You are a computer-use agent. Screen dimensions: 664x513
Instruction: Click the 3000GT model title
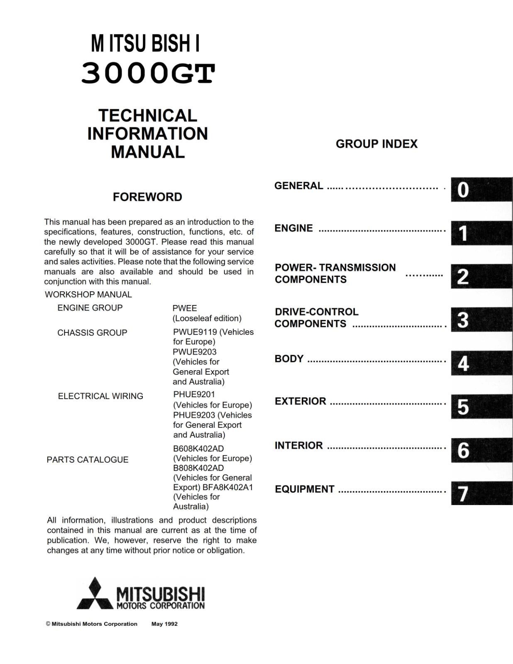pyautogui.click(x=148, y=74)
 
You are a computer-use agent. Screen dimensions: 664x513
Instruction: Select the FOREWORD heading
pyautogui.click(x=147, y=197)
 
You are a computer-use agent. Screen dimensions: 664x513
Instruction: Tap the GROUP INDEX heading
pyautogui.click(x=376, y=144)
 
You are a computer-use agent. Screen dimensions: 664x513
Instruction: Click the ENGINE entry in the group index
pyautogui.click(x=293, y=229)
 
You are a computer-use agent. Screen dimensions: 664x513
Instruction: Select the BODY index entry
pyautogui.click(x=289, y=359)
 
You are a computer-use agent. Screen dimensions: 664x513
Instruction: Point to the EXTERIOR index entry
pyautogui.click(x=300, y=401)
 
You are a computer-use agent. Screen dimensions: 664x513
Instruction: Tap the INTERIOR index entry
pyautogui.click(x=298, y=446)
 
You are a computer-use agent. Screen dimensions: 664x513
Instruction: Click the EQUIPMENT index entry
pyautogui.click(x=305, y=489)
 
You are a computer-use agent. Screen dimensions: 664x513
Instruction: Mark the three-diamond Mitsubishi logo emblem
pyautogui.click(x=95, y=594)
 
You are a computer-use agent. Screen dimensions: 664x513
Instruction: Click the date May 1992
pyautogui.click(x=164, y=624)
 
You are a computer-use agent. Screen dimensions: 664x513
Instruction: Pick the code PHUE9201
pyautogui.click(x=194, y=394)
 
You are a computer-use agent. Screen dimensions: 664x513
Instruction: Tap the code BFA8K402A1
pyautogui.click(x=228, y=487)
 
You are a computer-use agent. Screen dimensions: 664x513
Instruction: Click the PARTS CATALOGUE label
pyautogui.click(x=88, y=460)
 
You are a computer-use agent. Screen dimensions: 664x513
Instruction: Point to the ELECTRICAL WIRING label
pyautogui.click(x=100, y=396)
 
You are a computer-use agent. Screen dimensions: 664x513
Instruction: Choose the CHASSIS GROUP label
pyautogui.click(x=92, y=333)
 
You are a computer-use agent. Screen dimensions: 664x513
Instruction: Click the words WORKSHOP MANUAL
pyautogui.click(x=88, y=295)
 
